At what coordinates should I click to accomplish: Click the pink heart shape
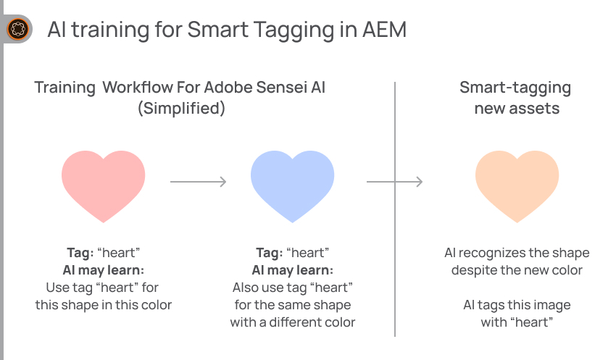[x=104, y=185]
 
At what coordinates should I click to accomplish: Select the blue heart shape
[x=292, y=185]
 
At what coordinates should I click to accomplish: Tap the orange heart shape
[x=517, y=185]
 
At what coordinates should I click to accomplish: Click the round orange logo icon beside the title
[x=18, y=29]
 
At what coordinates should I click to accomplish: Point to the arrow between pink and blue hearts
[x=199, y=182]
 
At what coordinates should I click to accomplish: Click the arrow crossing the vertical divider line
[x=394, y=182]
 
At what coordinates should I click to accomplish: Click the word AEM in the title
[x=384, y=30]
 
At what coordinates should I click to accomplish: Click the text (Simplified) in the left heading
[x=181, y=109]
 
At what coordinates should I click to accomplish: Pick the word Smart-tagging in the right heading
[x=515, y=88]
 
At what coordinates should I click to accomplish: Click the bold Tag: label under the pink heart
[x=80, y=253]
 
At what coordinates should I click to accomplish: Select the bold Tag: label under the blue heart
[x=270, y=253]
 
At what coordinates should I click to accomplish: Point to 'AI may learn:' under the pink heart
[x=104, y=270]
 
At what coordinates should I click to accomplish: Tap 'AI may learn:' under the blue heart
[x=293, y=270]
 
